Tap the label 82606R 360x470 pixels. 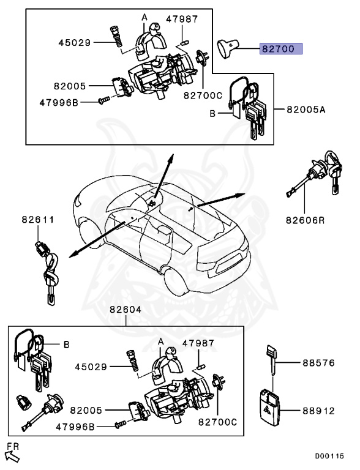304,219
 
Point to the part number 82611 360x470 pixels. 38,218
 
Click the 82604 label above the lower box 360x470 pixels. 126,310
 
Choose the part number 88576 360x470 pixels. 318,363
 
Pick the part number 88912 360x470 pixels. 318,412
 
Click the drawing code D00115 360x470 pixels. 330,457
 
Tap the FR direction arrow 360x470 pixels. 12,453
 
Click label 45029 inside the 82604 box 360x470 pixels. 91,367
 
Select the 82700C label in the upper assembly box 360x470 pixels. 202,95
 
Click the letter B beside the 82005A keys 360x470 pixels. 212,114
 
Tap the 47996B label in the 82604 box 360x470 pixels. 77,426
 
